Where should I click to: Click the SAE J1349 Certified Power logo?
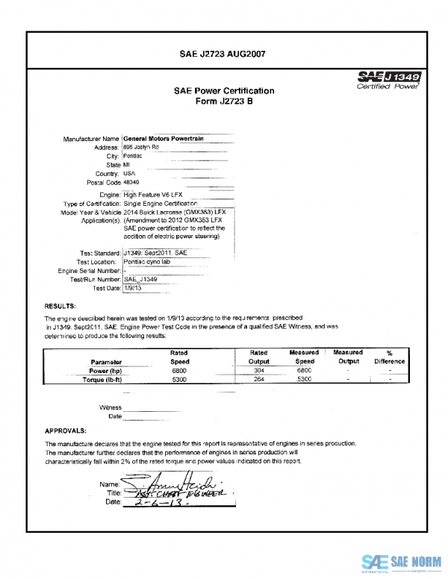coord(389,80)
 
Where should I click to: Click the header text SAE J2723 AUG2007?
coord(223,54)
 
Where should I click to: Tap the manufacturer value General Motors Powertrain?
coord(163,138)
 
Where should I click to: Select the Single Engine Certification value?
coord(160,203)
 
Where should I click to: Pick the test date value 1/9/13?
coord(134,287)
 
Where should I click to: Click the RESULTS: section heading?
coord(60,306)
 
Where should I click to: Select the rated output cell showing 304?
coord(258,370)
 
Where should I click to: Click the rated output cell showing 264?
coord(258,380)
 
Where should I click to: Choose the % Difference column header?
coord(390,357)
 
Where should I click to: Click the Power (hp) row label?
coord(105,370)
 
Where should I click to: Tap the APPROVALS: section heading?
coord(66,431)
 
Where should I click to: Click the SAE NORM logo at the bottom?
coord(402,562)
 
